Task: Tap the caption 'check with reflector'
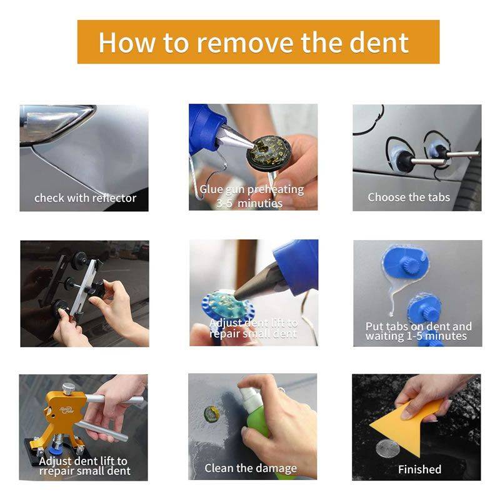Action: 85,198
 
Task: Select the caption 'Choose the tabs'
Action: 417,197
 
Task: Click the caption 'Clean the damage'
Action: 251,467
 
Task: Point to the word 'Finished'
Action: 419,469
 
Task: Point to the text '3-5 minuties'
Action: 249,203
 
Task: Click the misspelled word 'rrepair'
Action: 59,471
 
